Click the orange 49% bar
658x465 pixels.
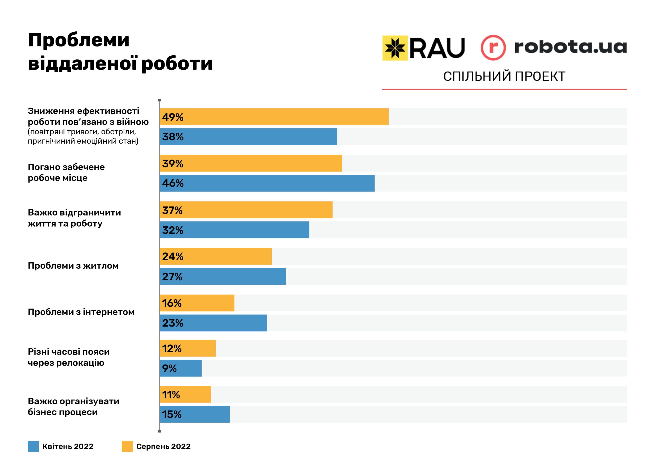click(x=274, y=117)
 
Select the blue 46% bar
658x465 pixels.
click(x=267, y=183)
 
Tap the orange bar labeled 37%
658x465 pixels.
click(x=246, y=210)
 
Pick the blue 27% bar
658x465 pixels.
click(x=222, y=276)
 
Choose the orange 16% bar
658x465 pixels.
click(x=197, y=303)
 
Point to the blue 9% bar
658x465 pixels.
click(x=180, y=368)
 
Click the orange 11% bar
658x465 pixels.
click(x=185, y=395)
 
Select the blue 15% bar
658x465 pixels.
click(x=195, y=414)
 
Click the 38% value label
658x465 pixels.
click(x=172, y=137)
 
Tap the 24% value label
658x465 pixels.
click(x=172, y=256)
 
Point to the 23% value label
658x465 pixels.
click(x=172, y=323)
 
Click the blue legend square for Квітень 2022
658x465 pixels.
click(x=33, y=447)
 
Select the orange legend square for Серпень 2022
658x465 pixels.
click(x=127, y=447)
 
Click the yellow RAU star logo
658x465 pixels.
click(x=395, y=48)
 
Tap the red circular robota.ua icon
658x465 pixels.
click(x=493, y=48)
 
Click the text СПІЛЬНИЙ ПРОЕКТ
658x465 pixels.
click(x=504, y=77)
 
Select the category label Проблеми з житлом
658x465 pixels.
click(x=73, y=266)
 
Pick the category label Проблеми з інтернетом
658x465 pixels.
click(x=81, y=312)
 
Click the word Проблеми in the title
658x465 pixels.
click(x=79, y=40)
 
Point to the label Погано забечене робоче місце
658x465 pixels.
click(x=66, y=172)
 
